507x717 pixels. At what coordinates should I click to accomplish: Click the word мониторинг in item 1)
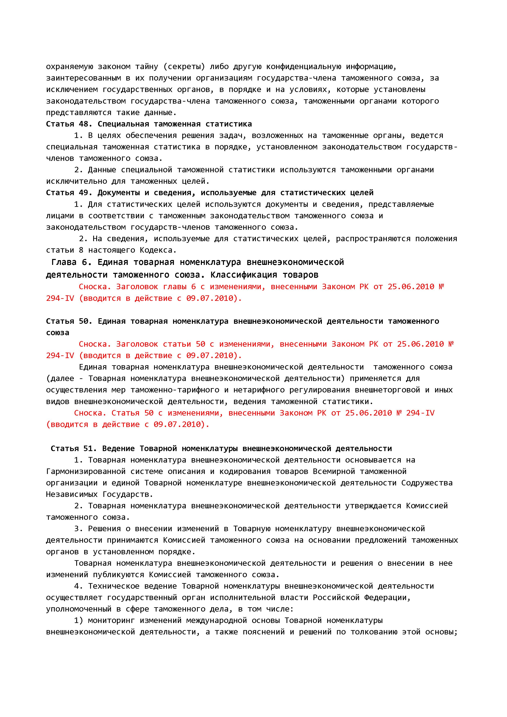111,621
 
